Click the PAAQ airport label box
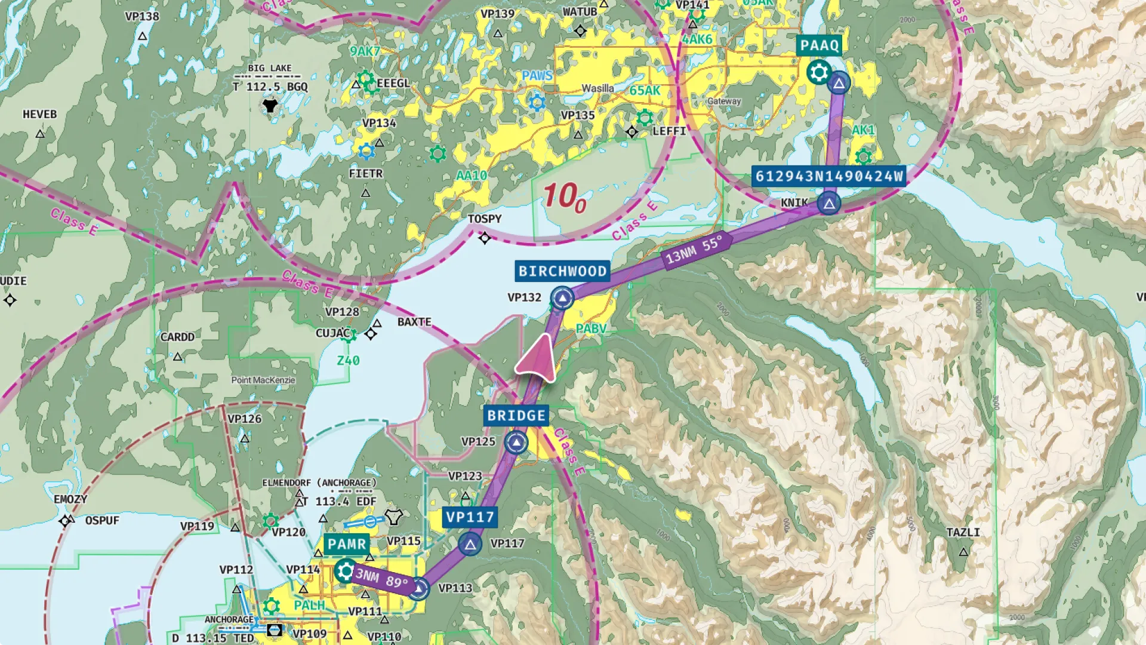(819, 45)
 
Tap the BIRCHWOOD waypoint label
(562, 271)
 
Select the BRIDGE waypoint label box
(516, 416)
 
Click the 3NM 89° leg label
(382, 578)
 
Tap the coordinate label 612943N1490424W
(828, 176)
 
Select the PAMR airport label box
(347, 544)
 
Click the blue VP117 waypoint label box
(470, 517)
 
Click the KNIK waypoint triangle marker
(829, 204)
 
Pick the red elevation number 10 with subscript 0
(564, 197)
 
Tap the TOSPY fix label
(484, 219)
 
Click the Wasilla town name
(597, 88)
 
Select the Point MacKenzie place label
(263, 380)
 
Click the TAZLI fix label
(963, 532)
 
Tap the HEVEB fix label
(39, 114)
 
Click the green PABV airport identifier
(591, 328)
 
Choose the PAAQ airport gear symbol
(819, 73)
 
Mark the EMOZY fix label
(70, 499)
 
